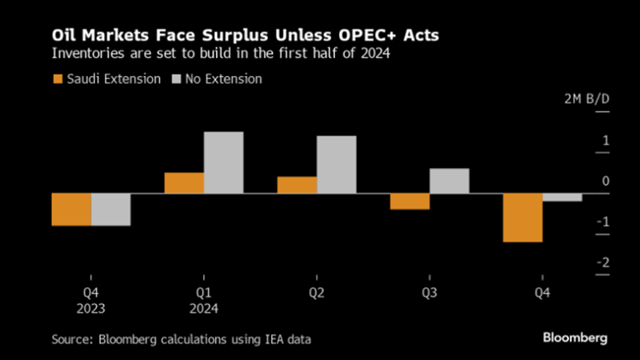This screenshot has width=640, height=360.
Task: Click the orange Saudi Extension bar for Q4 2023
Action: pos(71,210)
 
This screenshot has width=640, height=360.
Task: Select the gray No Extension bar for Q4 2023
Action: pos(110,210)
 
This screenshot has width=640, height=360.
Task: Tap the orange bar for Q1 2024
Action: pos(184,183)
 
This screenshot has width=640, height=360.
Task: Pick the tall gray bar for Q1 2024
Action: pos(223,162)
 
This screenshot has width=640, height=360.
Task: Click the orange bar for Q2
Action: pos(297,185)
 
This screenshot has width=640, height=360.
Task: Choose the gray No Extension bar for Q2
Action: pos(336,165)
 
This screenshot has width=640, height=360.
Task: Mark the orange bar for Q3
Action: pos(410,202)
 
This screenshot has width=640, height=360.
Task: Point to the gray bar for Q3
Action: pos(449,181)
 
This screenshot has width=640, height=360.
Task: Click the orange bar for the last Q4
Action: pos(522,218)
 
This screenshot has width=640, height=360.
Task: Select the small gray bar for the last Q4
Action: pos(562,198)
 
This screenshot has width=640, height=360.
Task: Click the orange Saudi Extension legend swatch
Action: pos(58,79)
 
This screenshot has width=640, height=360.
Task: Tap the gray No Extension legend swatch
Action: pos(175,79)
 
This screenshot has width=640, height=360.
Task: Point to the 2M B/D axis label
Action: pos(583,99)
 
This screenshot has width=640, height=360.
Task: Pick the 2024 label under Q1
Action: pos(204,308)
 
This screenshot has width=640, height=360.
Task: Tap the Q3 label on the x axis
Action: pos(430,293)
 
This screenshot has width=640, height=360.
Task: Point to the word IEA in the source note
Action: pos(270,340)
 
